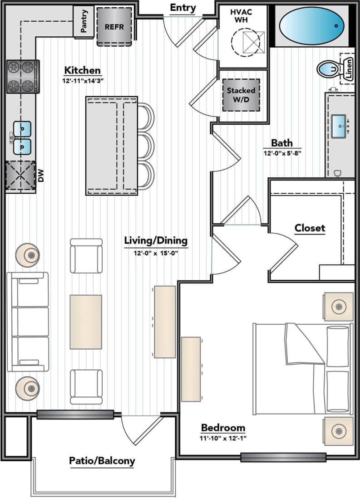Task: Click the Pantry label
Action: [x=84, y=21]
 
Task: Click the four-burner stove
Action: [x=23, y=77]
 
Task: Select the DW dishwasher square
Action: [x=20, y=176]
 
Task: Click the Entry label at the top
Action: [x=183, y=8]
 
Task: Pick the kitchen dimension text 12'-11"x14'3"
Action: [x=82, y=82]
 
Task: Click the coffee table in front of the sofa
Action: [x=85, y=322]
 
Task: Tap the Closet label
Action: [x=310, y=228]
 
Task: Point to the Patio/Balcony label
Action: [x=102, y=461]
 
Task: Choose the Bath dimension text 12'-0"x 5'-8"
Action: [x=282, y=153]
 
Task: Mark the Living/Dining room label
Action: [x=156, y=241]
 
